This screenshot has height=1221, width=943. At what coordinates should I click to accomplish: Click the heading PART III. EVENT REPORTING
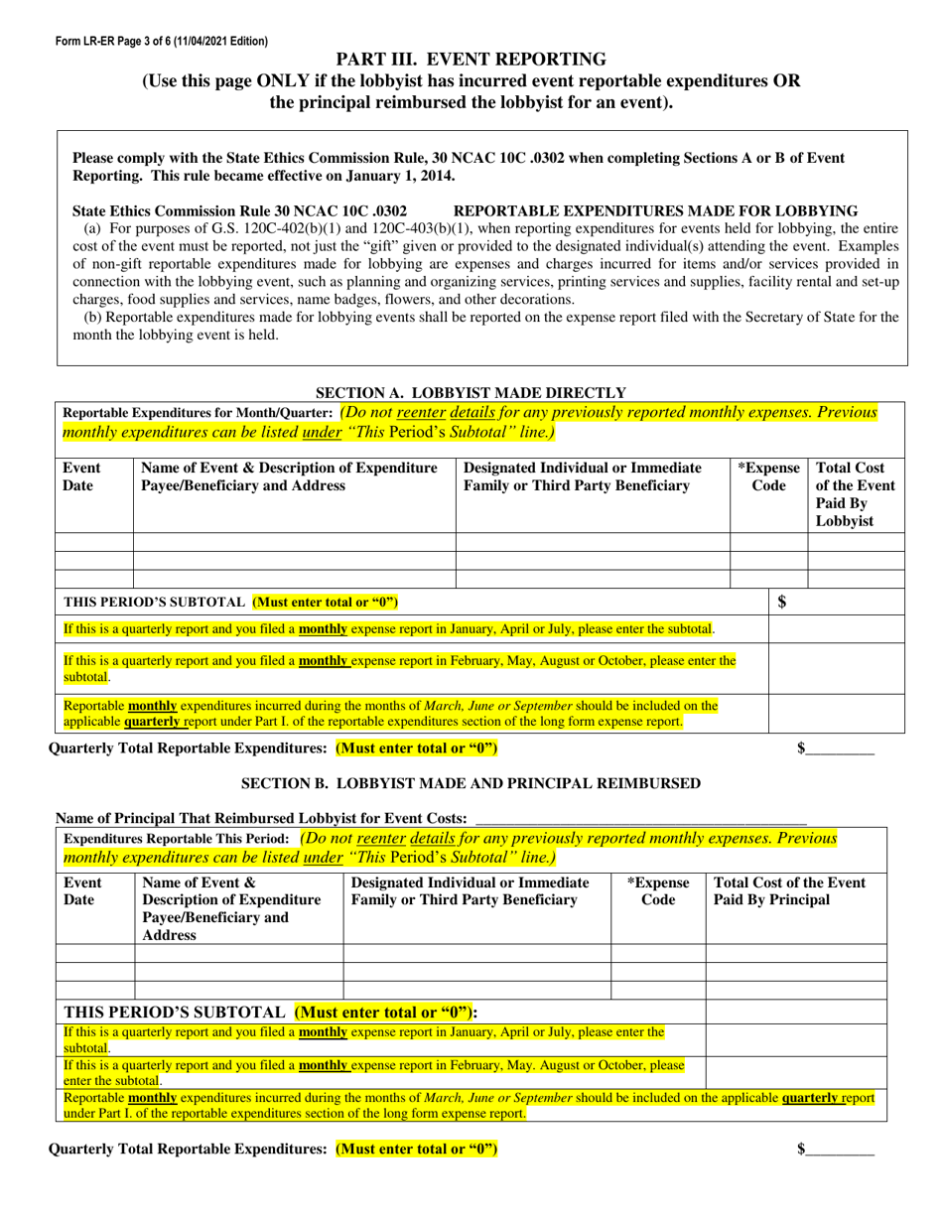(471, 60)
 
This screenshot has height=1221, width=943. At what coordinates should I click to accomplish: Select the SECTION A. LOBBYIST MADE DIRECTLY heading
(471, 393)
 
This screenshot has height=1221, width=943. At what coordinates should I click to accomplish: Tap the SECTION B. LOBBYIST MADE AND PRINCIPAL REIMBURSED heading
(471, 783)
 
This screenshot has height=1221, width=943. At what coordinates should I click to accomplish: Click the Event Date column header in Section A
(81, 476)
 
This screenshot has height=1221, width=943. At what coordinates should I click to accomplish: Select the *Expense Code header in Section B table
(658, 891)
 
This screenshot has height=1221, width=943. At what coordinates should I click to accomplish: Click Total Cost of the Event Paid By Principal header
(789, 891)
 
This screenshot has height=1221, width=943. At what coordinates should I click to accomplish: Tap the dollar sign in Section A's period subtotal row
(782, 602)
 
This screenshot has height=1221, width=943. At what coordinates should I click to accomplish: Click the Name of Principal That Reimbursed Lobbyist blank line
(640, 819)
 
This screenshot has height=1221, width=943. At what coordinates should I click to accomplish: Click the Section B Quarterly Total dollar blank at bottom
(840, 1150)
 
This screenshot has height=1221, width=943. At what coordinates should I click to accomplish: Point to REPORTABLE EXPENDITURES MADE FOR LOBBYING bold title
(655, 211)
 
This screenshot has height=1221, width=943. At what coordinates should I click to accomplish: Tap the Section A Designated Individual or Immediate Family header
(583, 476)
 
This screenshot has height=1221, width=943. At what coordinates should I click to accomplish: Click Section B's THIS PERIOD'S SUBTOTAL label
(175, 1012)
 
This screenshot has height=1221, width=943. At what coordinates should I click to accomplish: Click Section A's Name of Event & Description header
(290, 476)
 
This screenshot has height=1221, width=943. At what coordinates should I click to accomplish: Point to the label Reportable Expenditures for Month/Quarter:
(198, 413)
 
